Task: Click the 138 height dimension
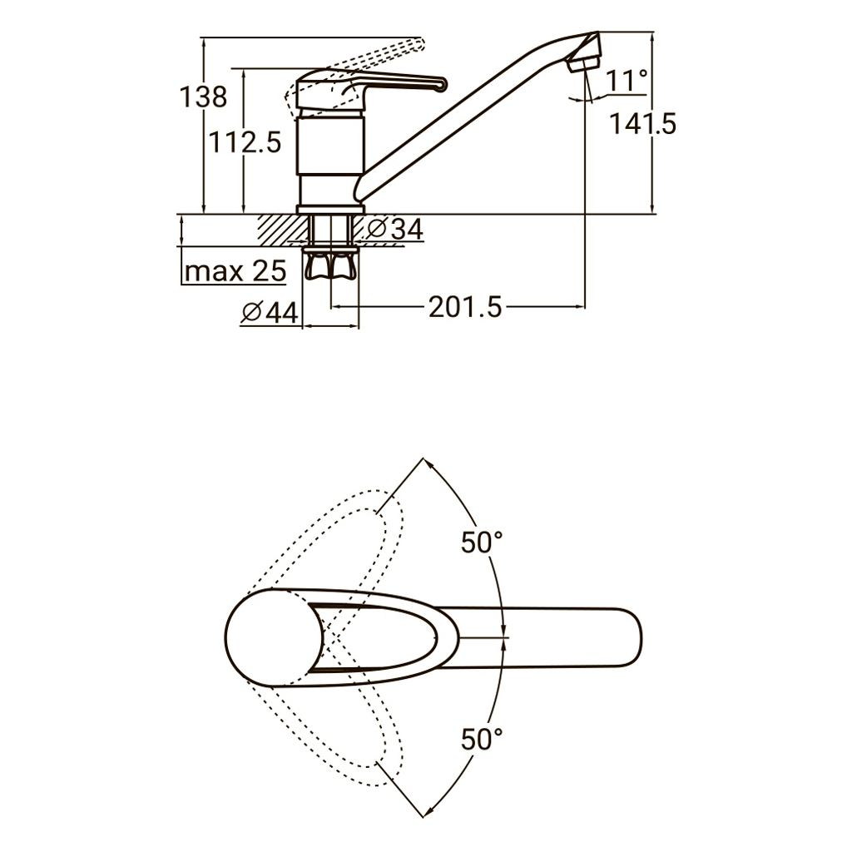[x=203, y=97]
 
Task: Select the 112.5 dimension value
[x=245, y=143]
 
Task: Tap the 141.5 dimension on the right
[x=643, y=124]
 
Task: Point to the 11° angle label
[x=627, y=81]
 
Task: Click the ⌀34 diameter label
[x=395, y=229]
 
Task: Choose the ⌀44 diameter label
[x=270, y=313]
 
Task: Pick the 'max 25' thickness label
[x=235, y=270]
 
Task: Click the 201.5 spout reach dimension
[x=466, y=307]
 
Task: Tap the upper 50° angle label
[x=482, y=542]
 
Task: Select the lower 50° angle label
[x=482, y=739]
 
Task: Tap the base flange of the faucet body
[x=330, y=209]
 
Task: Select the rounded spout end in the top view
[x=631, y=637]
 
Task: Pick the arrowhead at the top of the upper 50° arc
[x=427, y=463]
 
